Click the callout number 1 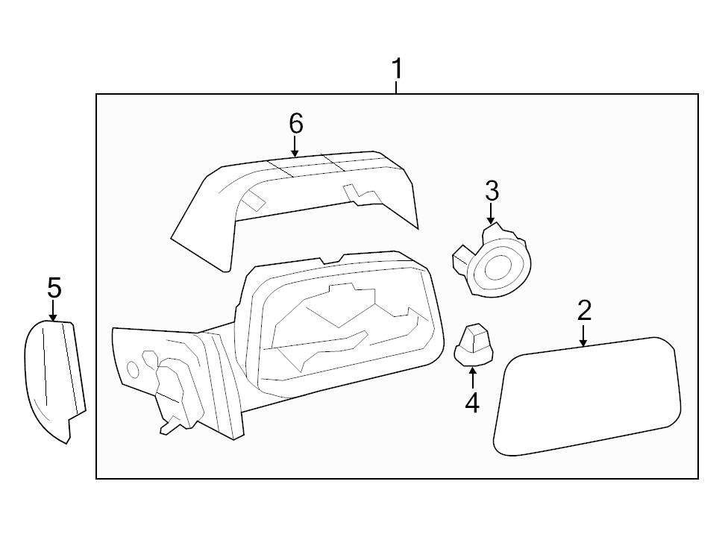tap(398, 69)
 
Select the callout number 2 tap(584, 310)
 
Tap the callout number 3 tap(492, 191)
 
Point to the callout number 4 tap(471, 403)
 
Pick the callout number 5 tap(54, 286)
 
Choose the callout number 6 tap(296, 123)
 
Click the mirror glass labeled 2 tap(589, 395)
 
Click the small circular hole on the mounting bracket tap(133, 368)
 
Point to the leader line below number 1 tap(397, 87)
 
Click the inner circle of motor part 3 tap(498, 267)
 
